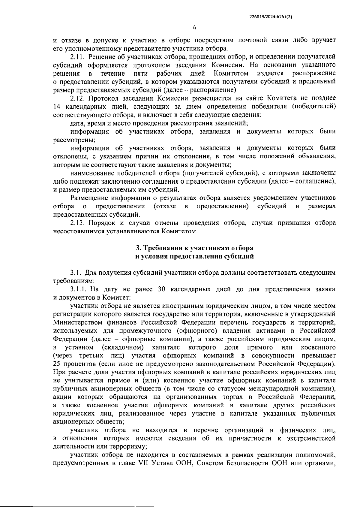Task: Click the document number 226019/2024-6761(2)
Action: pyautogui.click(x=271, y=17)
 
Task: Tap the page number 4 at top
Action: pyautogui.click(x=194, y=27)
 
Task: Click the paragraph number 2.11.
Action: pyautogui.click(x=77, y=57)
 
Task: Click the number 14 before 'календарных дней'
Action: pyautogui.click(x=57, y=107)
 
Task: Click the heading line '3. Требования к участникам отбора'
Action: pyautogui.click(x=194, y=248)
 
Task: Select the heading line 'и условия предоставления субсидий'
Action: pyautogui.click(x=194, y=256)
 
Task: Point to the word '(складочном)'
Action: pyautogui.click(x=123, y=348)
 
